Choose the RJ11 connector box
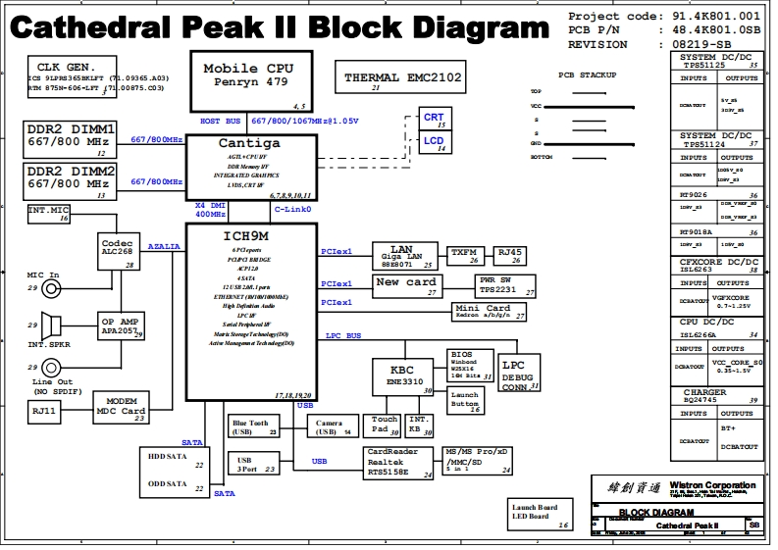[x=44, y=412]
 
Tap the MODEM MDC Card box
[x=121, y=408]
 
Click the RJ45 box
[x=511, y=255]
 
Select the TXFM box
[x=465, y=255]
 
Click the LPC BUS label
[x=343, y=336]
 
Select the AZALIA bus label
[x=164, y=247]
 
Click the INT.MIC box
[x=49, y=213]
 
